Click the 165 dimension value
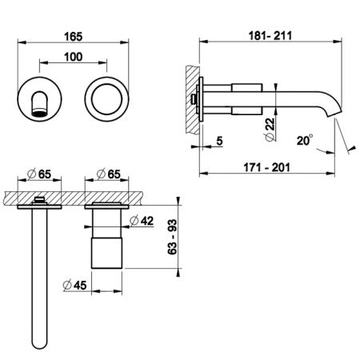point(74,37)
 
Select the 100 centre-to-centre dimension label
point(74,57)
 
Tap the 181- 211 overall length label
point(270,36)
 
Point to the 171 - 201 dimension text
point(266,167)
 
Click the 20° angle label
point(305,140)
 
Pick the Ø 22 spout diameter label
point(270,130)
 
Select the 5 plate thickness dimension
point(219,141)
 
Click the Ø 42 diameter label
point(142,221)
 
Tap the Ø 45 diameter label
point(75,286)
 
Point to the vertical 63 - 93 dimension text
point(173,237)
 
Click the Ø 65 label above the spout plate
point(39,174)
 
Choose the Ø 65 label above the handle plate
point(109,174)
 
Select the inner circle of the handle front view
point(106,84)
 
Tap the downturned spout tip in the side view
point(334,110)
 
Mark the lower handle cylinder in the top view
point(106,253)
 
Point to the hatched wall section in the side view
point(193,100)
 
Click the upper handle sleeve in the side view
point(247,88)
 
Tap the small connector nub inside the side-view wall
point(193,99)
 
